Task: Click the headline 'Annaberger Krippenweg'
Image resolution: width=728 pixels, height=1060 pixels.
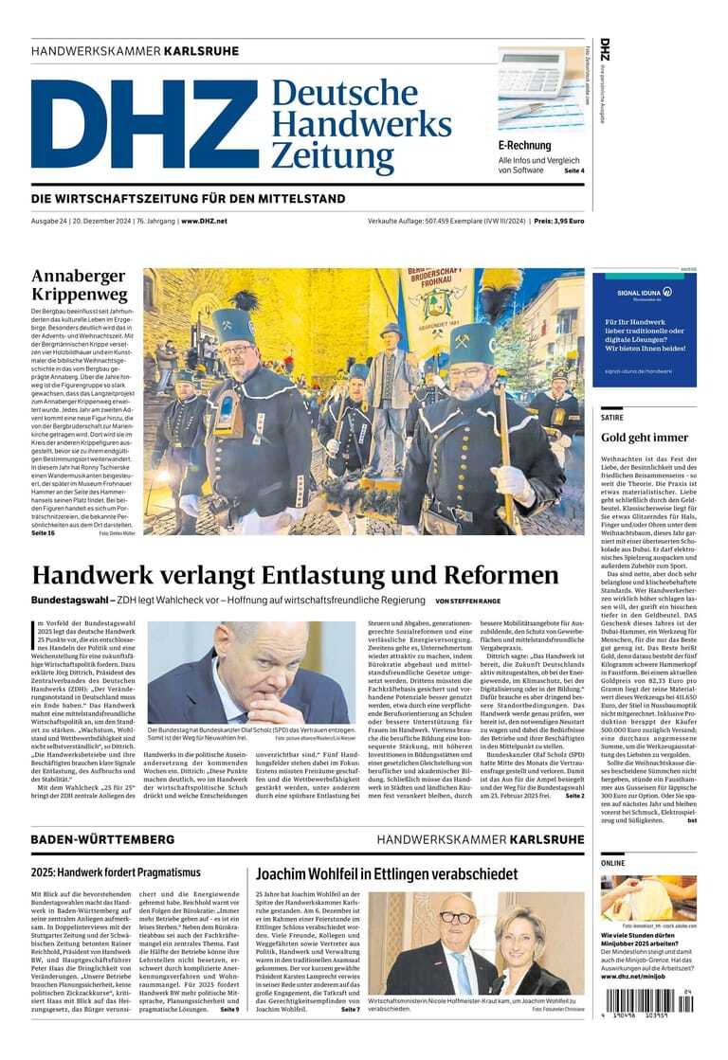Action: [x=79, y=284]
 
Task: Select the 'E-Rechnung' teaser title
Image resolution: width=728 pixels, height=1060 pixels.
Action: [x=524, y=146]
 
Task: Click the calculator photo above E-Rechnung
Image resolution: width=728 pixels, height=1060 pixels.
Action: [x=541, y=90]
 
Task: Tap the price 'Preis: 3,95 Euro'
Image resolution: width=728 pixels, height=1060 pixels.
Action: [x=558, y=221]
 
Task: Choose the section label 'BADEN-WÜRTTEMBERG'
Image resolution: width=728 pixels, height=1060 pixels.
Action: [x=102, y=839]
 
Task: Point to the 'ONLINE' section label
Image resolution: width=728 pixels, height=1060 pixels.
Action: [x=613, y=864]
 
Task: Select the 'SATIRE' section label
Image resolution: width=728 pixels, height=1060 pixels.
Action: [x=612, y=416]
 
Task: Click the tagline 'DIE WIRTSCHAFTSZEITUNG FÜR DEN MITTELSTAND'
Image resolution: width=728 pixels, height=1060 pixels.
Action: [x=189, y=199]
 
